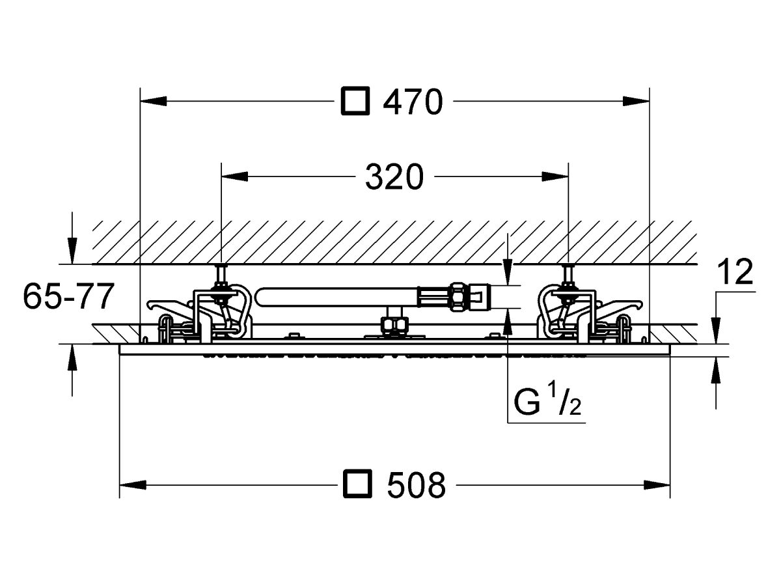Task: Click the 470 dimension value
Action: coord(413,102)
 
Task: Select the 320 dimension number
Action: coord(394,176)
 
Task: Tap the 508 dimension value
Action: coord(417,485)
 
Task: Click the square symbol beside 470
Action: coord(355,101)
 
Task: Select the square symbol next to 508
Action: coord(357,483)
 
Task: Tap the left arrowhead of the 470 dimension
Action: coord(154,101)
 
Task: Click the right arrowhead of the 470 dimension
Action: coord(636,101)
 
